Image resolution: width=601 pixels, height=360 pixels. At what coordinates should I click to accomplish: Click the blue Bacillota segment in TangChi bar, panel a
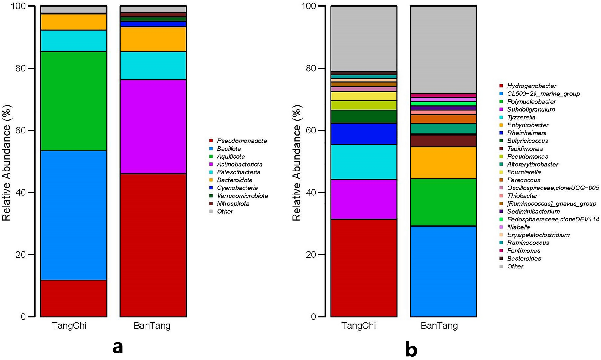click(74, 215)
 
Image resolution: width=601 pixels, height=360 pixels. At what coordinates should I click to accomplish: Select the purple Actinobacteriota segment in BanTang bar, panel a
click(153, 127)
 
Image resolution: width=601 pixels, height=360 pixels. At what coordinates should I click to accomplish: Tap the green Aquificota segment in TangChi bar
click(74, 101)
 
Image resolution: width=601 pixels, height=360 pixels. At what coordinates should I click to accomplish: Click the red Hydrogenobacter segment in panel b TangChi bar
click(364, 268)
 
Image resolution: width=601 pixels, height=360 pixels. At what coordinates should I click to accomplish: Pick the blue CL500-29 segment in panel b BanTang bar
click(443, 271)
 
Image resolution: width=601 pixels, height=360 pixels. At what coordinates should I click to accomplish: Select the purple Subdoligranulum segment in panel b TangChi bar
click(364, 199)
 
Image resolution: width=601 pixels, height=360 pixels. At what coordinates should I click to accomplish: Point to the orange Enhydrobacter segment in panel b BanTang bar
click(443, 163)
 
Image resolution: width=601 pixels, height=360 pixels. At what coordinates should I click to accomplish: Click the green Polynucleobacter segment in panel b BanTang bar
click(443, 202)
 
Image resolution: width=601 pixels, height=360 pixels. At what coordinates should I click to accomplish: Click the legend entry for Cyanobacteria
click(237, 188)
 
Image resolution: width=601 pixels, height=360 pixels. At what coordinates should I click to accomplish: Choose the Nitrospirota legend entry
click(233, 203)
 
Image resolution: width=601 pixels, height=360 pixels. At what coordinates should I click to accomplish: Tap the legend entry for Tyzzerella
click(521, 117)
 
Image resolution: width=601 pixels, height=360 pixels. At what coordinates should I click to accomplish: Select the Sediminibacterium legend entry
click(533, 211)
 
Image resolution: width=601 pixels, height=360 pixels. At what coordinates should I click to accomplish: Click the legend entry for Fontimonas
click(523, 250)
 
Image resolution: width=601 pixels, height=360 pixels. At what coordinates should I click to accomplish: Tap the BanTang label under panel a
click(152, 326)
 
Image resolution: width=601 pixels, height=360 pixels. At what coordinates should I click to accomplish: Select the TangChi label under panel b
click(358, 326)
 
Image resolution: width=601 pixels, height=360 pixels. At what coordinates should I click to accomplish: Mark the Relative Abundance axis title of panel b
click(296, 163)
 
